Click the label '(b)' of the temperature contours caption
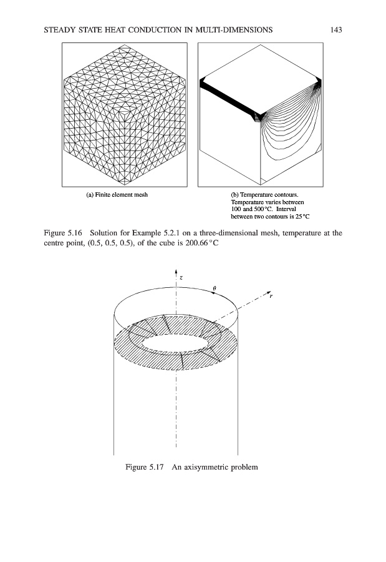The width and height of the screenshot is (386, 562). (236, 194)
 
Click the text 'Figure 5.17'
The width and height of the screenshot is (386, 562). (145, 467)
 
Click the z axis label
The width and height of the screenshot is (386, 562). (181, 275)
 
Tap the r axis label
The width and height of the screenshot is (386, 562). (270, 297)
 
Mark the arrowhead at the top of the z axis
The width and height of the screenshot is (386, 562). (176, 271)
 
